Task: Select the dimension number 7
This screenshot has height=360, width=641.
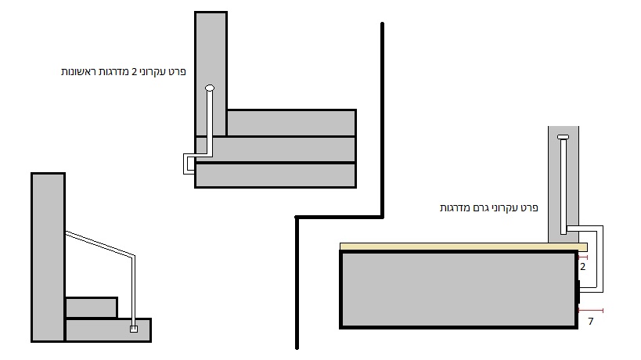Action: (590, 321)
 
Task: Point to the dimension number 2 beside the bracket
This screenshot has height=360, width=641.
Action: (582, 266)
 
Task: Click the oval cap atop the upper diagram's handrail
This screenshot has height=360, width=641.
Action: (209, 88)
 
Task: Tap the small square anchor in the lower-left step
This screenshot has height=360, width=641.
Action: (134, 329)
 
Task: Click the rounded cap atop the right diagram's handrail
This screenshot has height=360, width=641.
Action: (564, 139)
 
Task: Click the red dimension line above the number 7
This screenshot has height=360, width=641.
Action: (589, 311)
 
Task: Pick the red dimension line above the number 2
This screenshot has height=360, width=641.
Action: (582, 257)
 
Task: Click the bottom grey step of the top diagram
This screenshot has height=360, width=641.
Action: (275, 175)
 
